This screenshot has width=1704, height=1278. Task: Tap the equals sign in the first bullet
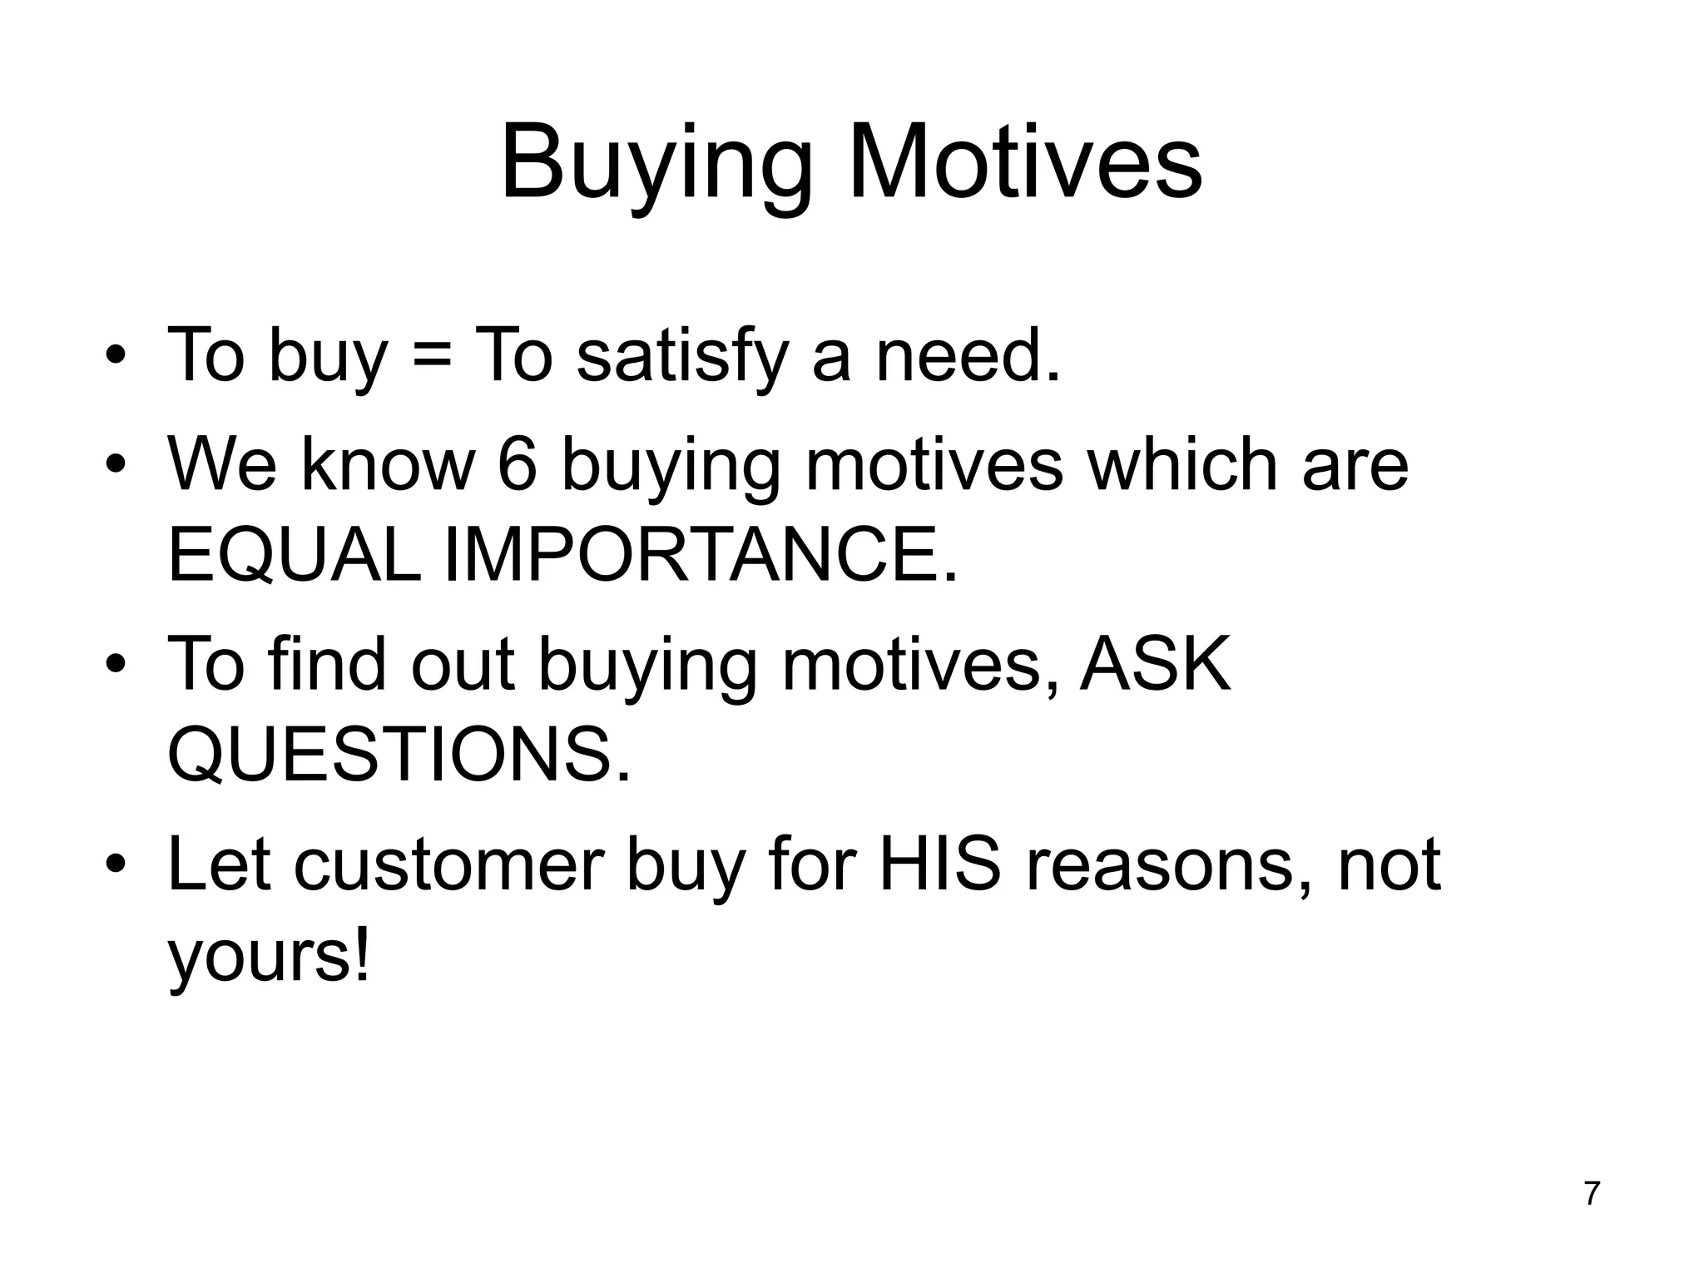(x=430, y=354)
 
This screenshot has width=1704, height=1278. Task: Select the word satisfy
(x=681, y=356)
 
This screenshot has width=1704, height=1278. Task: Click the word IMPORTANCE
(x=701, y=555)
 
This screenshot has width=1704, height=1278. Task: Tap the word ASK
(x=1155, y=664)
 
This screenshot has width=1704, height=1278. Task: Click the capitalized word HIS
(x=940, y=865)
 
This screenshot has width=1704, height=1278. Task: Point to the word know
(x=388, y=464)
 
